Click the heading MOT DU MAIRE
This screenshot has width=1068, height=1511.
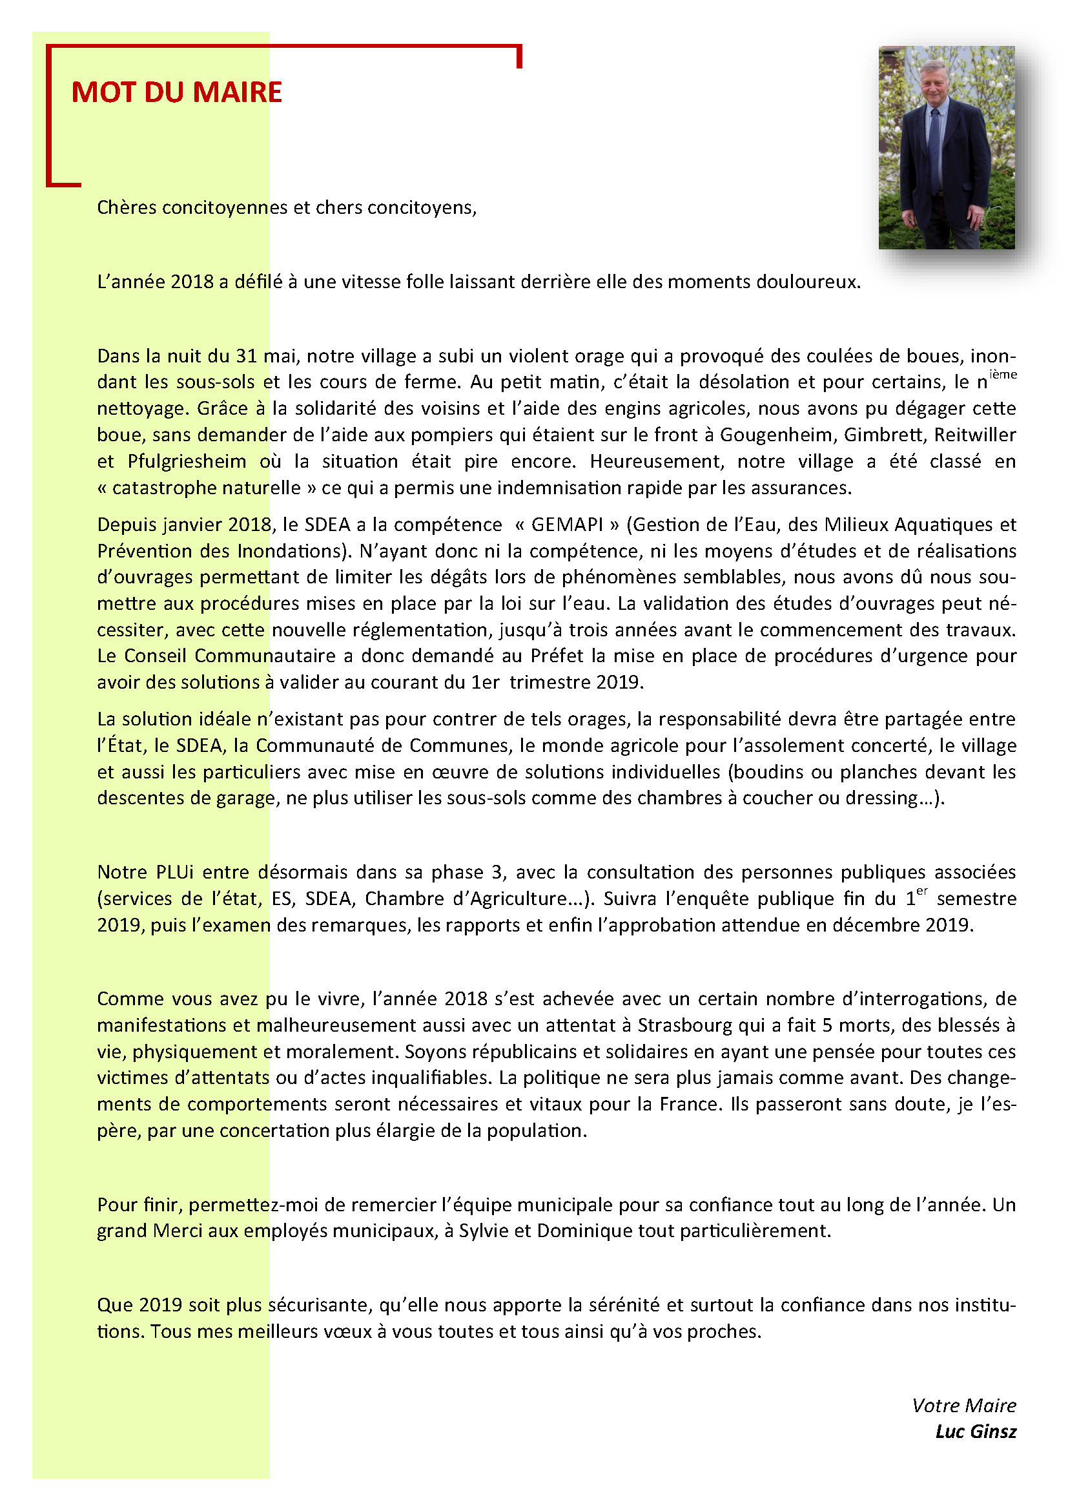(176, 92)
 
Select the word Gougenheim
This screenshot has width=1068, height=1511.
(777, 435)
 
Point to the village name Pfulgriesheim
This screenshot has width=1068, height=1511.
(187, 461)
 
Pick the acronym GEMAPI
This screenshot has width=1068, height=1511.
(566, 525)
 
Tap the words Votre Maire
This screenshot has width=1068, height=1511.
(963, 1406)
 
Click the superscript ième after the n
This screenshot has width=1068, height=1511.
(1003, 375)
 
